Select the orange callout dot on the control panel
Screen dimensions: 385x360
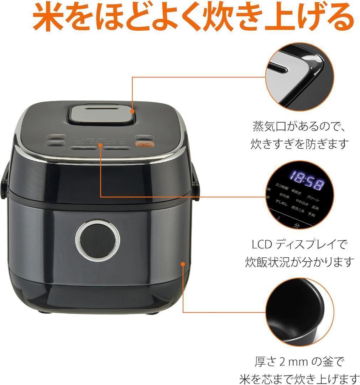click(x=101, y=145)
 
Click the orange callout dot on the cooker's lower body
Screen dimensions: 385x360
click(x=183, y=264)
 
